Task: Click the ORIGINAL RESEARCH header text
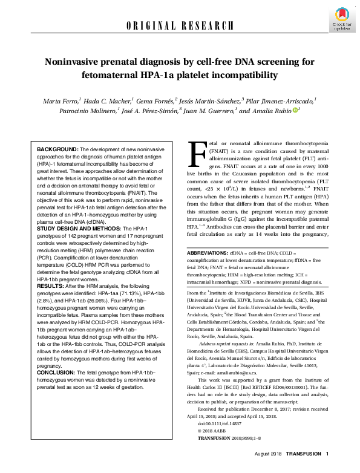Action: coord(180,25)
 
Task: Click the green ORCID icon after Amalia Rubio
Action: coord(296,110)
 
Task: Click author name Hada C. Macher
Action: coord(113,99)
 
